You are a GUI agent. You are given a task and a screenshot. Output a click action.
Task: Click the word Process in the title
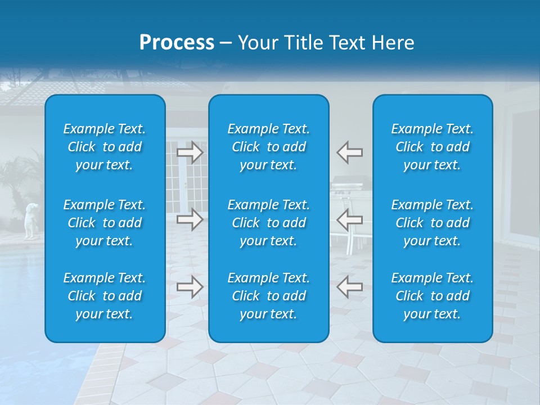[x=177, y=42]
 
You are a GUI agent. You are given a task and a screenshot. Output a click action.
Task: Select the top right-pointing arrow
[x=190, y=152]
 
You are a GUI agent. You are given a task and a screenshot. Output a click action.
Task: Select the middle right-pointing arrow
[x=190, y=219]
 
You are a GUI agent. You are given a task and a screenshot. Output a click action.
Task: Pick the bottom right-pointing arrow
[x=190, y=287]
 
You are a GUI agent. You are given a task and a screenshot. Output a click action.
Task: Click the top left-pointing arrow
[x=349, y=152]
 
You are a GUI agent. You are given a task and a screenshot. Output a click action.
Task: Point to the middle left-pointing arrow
[x=349, y=219]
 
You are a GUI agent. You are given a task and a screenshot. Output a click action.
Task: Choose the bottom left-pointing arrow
[x=349, y=287]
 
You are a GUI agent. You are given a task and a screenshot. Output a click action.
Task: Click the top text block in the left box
[x=105, y=147]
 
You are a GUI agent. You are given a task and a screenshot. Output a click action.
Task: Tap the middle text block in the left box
[x=105, y=223]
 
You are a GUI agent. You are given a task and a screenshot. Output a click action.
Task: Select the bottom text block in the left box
[x=105, y=296]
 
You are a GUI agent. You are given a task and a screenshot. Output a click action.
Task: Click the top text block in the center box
[x=268, y=147]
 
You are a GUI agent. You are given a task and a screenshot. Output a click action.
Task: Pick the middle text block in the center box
[x=268, y=223]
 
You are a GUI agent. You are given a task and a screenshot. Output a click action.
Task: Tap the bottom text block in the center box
[x=268, y=296]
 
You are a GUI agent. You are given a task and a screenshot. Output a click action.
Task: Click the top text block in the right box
[x=432, y=147]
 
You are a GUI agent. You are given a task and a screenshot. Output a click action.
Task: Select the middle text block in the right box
[x=432, y=223]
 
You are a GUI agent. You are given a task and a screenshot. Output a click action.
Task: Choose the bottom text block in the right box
[x=432, y=296]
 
